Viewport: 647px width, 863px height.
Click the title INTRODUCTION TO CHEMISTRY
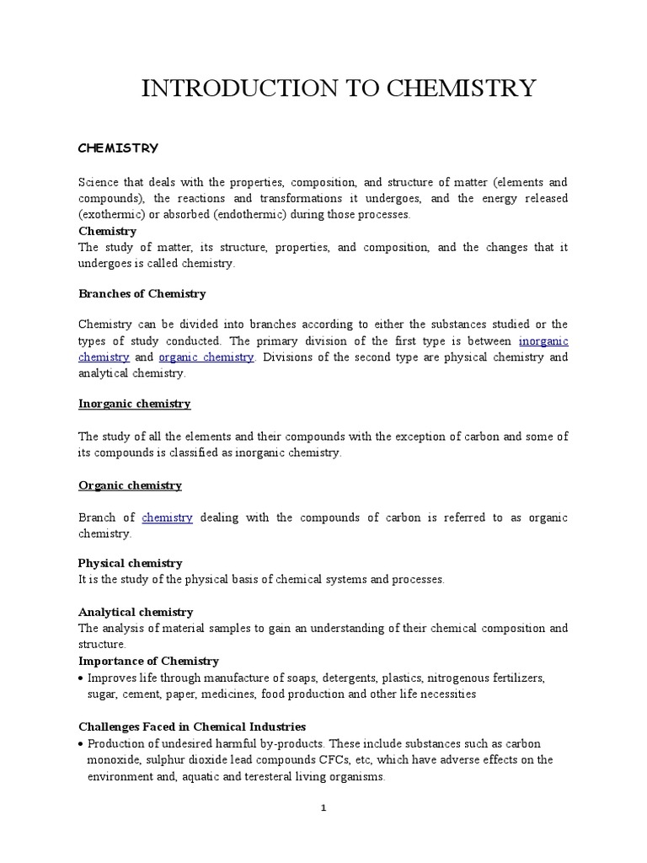(x=339, y=88)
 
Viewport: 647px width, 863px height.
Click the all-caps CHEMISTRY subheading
(x=118, y=148)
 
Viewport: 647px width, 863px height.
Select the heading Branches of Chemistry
(x=142, y=294)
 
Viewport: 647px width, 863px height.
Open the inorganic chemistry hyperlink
(x=543, y=341)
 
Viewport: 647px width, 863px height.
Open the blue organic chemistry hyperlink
(x=206, y=357)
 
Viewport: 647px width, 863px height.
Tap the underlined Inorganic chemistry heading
(x=135, y=404)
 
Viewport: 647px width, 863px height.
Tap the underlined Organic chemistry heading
(x=130, y=485)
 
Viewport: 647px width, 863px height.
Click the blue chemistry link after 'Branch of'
(x=167, y=517)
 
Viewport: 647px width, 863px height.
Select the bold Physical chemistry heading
(x=130, y=563)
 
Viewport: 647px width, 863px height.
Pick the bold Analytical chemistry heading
(x=136, y=612)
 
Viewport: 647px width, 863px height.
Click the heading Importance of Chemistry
(x=148, y=661)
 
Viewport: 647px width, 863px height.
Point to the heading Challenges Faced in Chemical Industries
(x=192, y=726)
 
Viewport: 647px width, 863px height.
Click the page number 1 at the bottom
(x=323, y=808)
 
